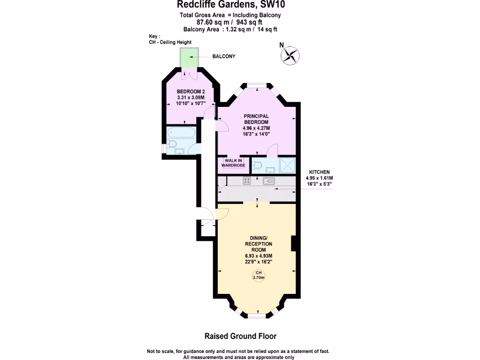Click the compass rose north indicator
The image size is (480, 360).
click(290, 55)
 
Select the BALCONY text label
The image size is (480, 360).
click(224, 56)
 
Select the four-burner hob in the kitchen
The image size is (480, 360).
click(247, 180)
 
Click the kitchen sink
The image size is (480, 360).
click(269, 181)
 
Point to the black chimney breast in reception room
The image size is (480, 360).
click(294, 244)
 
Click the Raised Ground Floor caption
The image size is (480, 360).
click(240, 336)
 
